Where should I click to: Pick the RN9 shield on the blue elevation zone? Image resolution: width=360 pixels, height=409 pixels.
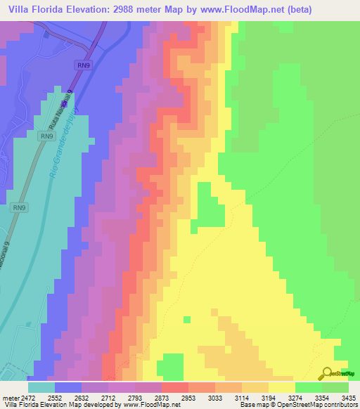click(83, 65)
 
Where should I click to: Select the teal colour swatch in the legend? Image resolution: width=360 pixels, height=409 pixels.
click(41, 387)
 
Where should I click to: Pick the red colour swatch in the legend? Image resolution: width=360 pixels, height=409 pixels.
click(174, 387)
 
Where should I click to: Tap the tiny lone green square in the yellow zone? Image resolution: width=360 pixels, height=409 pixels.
click(186, 319)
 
